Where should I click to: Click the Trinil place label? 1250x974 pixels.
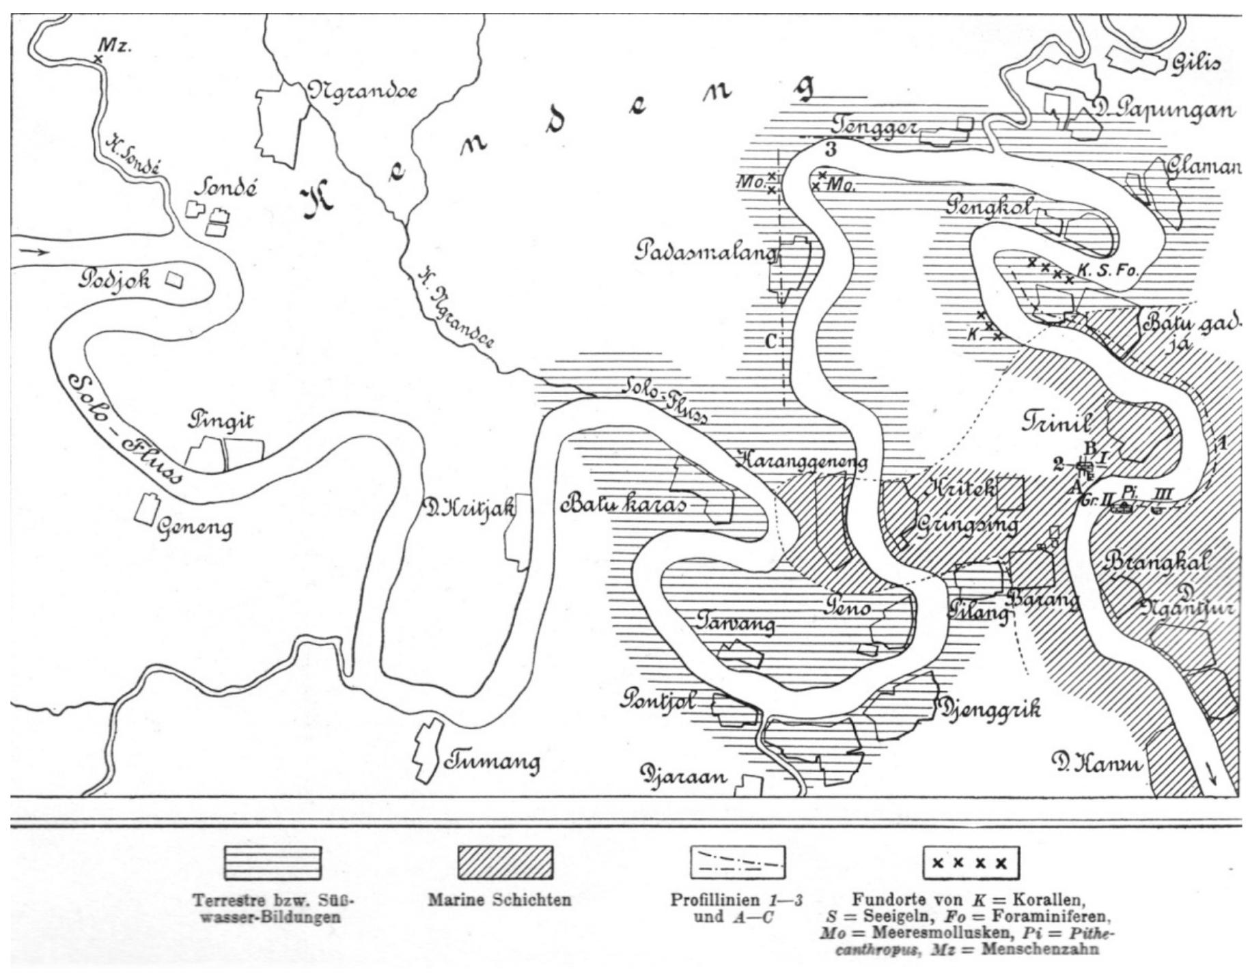pyautogui.click(x=1057, y=422)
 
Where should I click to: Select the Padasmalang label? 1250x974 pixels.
pyautogui.click(x=706, y=251)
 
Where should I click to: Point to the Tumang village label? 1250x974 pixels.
pyautogui.click(x=492, y=761)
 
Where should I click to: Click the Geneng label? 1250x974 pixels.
pyautogui.click(x=195, y=527)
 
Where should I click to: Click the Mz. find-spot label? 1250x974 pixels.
pyautogui.click(x=114, y=46)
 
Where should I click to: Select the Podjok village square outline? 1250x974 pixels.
pyautogui.click(x=176, y=280)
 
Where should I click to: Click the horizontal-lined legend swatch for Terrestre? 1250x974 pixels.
pyautogui.click(x=273, y=863)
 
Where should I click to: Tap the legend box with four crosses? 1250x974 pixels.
pyautogui.click(x=970, y=863)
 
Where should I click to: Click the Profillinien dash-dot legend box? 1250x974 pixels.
pyautogui.click(x=737, y=863)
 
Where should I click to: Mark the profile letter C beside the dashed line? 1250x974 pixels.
pyautogui.click(x=770, y=341)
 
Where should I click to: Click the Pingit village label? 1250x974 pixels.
pyautogui.click(x=221, y=420)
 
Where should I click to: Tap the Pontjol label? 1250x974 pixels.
pyautogui.click(x=658, y=701)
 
